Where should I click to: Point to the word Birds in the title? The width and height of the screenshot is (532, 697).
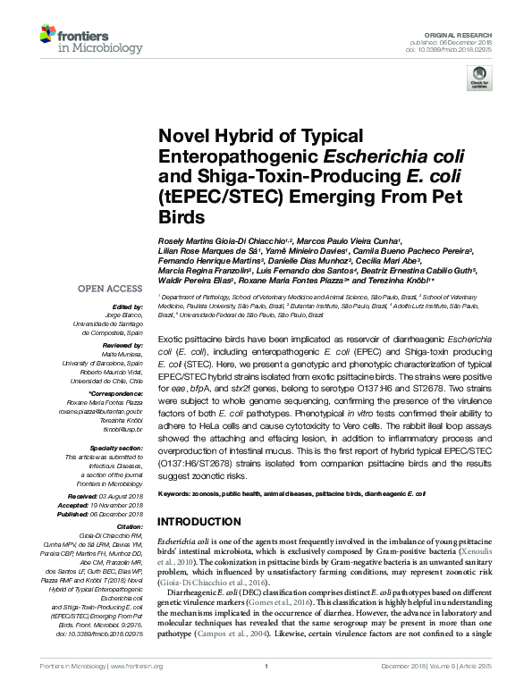[180, 217]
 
